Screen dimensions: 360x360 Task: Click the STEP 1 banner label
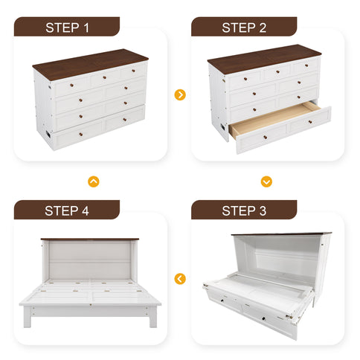pyautogui.click(x=67, y=28)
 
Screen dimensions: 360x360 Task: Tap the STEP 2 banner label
pyautogui.click(x=244, y=28)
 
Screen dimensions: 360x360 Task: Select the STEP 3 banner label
pyautogui.click(x=244, y=210)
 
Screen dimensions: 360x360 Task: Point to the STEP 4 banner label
pyautogui.click(x=67, y=210)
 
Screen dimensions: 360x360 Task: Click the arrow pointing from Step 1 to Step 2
pyautogui.click(x=179, y=95)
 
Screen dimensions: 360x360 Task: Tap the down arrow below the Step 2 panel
pyautogui.click(x=266, y=181)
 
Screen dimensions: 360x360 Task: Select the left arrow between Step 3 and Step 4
pyautogui.click(x=179, y=279)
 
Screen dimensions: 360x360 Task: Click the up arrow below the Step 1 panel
pyautogui.click(x=93, y=181)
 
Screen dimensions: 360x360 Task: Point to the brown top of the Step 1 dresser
pyautogui.click(x=89, y=61)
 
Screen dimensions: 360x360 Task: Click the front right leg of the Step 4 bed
pyautogui.click(x=152, y=319)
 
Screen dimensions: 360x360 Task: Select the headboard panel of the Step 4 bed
pyautogui.click(x=89, y=260)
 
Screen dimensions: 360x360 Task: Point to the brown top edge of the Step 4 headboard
pyautogui.click(x=89, y=240)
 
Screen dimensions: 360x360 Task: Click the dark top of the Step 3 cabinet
pyautogui.click(x=281, y=234)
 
